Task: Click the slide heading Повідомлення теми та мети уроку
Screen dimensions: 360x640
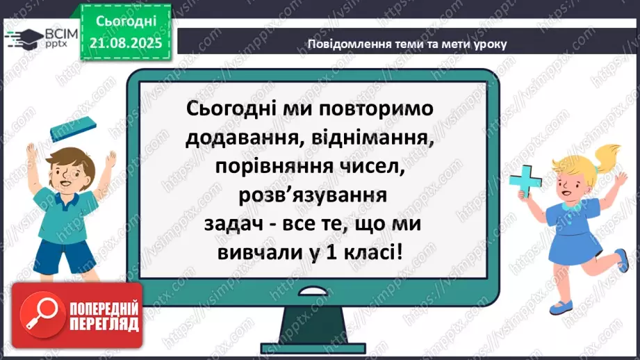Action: click(x=407, y=44)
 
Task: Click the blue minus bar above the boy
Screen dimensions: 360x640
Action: click(x=72, y=129)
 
